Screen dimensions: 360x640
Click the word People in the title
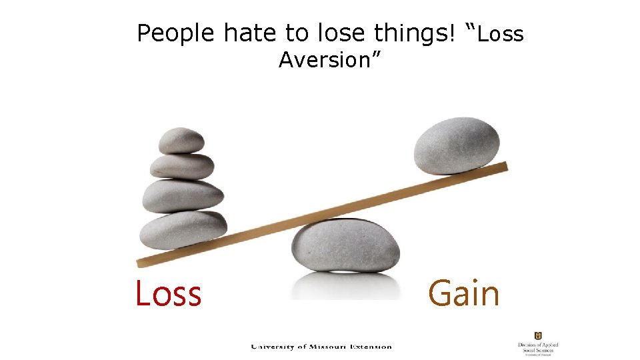(x=177, y=33)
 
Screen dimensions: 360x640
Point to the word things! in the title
(x=415, y=33)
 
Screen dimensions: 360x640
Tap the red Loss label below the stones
(x=168, y=293)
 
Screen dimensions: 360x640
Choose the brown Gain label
(x=463, y=294)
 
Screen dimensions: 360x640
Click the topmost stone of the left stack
(x=181, y=140)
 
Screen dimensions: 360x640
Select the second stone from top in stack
(x=182, y=166)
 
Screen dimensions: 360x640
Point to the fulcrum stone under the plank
(x=345, y=246)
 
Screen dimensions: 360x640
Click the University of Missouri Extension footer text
(x=321, y=346)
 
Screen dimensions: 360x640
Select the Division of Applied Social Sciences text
(x=538, y=348)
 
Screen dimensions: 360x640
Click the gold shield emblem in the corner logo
(x=538, y=335)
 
